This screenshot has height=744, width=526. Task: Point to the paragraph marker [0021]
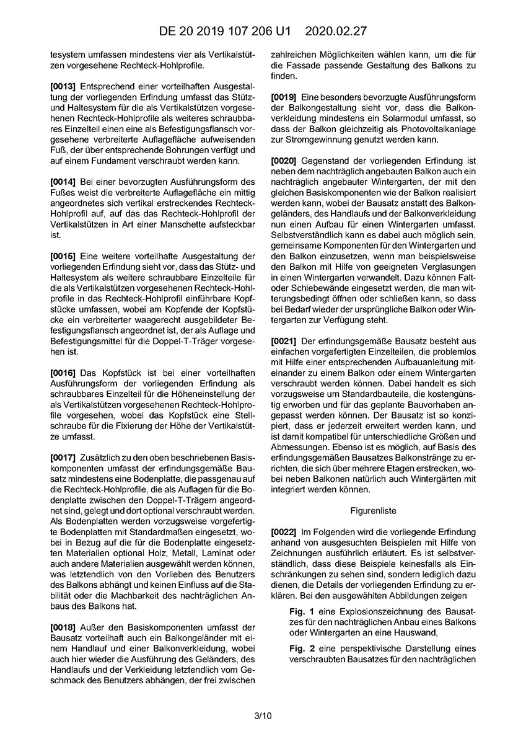284,342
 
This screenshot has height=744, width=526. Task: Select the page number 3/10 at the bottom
263,716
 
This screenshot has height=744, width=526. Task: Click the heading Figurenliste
372,510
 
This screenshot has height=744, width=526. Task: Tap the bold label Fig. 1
302,612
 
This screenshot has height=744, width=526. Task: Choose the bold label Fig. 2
302,647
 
